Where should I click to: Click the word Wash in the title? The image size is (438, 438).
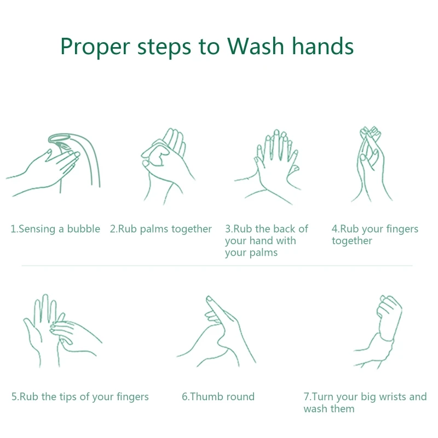click(255, 46)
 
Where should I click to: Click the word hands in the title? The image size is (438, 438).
click(322, 46)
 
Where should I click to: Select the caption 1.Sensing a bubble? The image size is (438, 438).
click(55, 229)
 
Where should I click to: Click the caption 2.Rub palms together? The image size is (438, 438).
click(160, 229)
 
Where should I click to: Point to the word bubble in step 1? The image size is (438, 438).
click(84, 229)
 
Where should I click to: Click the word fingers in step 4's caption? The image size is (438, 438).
click(402, 229)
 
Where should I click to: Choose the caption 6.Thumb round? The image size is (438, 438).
click(218, 396)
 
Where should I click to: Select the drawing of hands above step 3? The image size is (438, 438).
click(269, 167)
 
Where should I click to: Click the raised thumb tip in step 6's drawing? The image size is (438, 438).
click(209, 299)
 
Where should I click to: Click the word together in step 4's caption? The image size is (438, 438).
click(352, 241)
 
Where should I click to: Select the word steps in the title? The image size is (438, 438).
click(164, 48)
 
